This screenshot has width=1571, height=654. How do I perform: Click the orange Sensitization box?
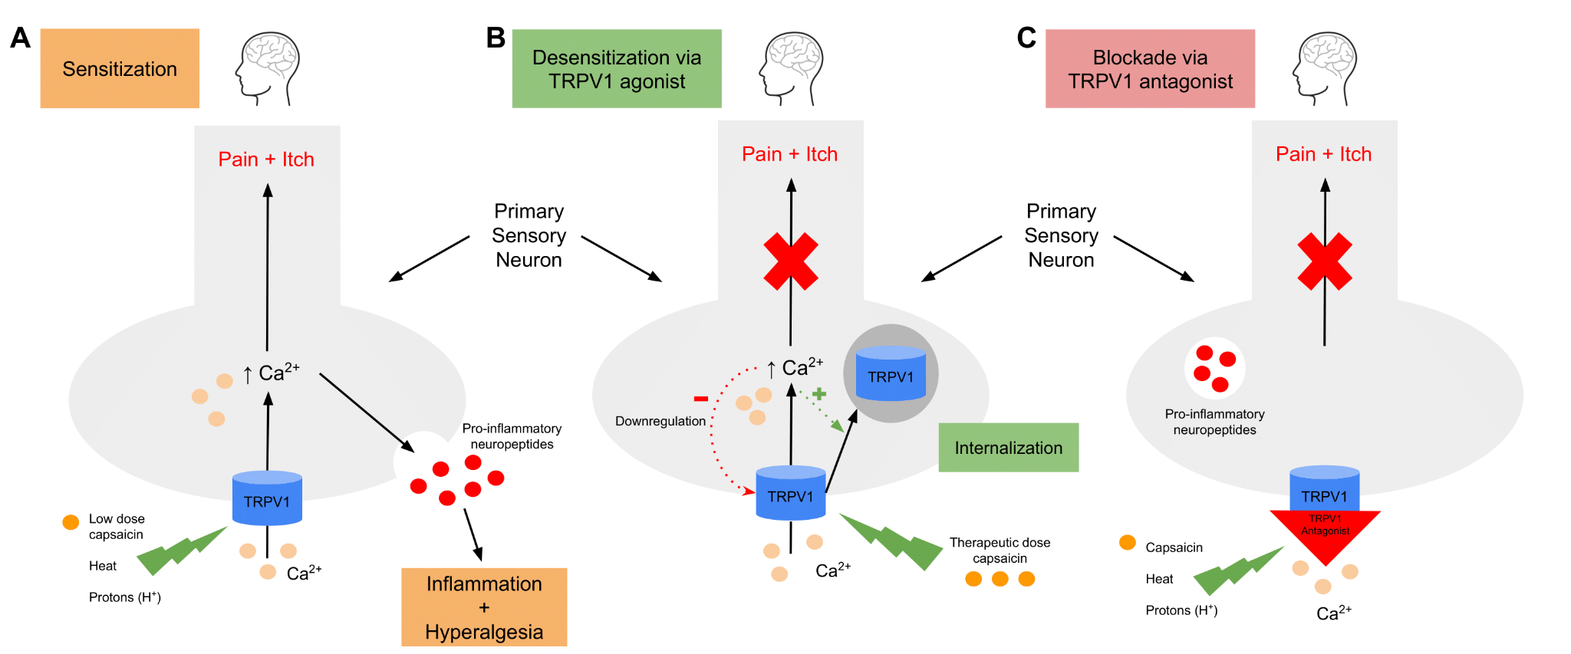click(120, 68)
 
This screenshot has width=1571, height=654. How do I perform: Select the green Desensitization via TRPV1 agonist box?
click(617, 68)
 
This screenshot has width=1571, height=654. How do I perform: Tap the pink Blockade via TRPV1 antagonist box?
click(1150, 68)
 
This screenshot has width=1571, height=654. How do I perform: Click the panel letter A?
click(21, 38)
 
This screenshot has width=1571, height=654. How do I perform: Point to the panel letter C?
click(1026, 38)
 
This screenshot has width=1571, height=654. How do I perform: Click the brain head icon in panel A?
click(267, 68)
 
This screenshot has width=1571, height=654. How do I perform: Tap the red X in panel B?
click(791, 261)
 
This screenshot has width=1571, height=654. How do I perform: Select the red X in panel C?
click(1325, 261)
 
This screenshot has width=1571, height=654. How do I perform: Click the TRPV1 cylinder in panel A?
click(267, 498)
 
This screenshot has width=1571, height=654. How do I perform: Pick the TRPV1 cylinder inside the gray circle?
click(891, 373)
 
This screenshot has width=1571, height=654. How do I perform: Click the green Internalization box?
click(1009, 448)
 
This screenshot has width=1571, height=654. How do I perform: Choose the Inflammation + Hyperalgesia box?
click(484, 607)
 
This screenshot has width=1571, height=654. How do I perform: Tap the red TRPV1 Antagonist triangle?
click(1326, 533)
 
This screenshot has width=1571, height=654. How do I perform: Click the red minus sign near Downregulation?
click(700, 399)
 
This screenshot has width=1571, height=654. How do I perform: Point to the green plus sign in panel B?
click(819, 394)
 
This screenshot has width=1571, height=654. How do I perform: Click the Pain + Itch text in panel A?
click(266, 159)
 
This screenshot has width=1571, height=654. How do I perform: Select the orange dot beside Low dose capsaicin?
click(71, 522)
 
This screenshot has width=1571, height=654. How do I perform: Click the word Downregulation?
click(660, 421)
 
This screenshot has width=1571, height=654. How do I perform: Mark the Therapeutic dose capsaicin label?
click(1000, 550)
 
